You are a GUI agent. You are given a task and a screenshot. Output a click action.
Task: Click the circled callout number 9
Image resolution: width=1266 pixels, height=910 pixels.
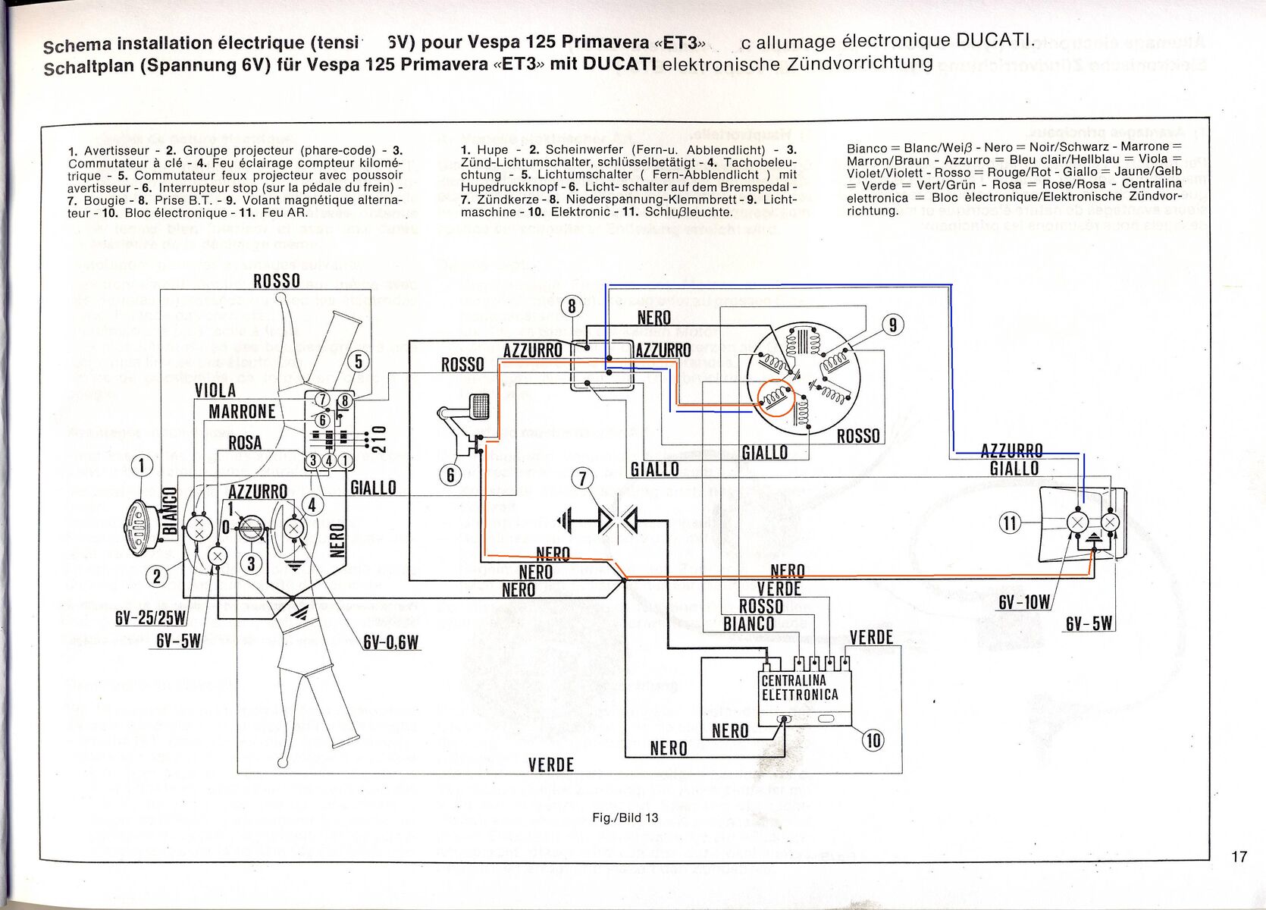click(x=894, y=325)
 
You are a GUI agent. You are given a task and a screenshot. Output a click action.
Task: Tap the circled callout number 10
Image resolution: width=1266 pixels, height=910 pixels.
click(x=873, y=739)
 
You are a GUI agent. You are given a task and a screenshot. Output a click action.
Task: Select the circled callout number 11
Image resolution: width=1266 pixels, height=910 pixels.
click(x=1010, y=522)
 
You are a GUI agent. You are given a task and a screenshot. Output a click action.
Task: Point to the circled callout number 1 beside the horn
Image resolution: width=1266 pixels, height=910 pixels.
click(x=142, y=465)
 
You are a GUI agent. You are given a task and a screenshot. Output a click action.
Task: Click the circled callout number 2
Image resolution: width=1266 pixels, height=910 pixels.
click(x=157, y=577)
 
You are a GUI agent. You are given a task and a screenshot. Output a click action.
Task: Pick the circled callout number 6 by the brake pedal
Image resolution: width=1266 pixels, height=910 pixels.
click(x=450, y=475)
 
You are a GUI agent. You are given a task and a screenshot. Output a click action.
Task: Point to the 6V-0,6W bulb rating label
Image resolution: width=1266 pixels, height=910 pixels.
click(x=391, y=642)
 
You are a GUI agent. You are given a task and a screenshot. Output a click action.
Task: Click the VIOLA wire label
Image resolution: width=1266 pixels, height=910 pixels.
click(x=215, y=391)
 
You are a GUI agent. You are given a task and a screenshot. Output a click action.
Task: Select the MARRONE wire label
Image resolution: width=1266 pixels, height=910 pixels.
click(x=242, y=412)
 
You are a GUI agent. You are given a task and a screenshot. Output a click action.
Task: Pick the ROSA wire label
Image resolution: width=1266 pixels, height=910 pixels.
click(x=245, y=443)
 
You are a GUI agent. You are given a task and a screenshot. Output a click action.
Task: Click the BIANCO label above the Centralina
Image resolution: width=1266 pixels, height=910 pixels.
click(x=748, y=624)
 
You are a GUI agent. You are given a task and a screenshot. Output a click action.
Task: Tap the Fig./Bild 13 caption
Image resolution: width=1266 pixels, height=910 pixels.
click(x=627, y=817)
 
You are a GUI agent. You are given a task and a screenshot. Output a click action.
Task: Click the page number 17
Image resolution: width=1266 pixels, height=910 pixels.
click(x=1239, y=857)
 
